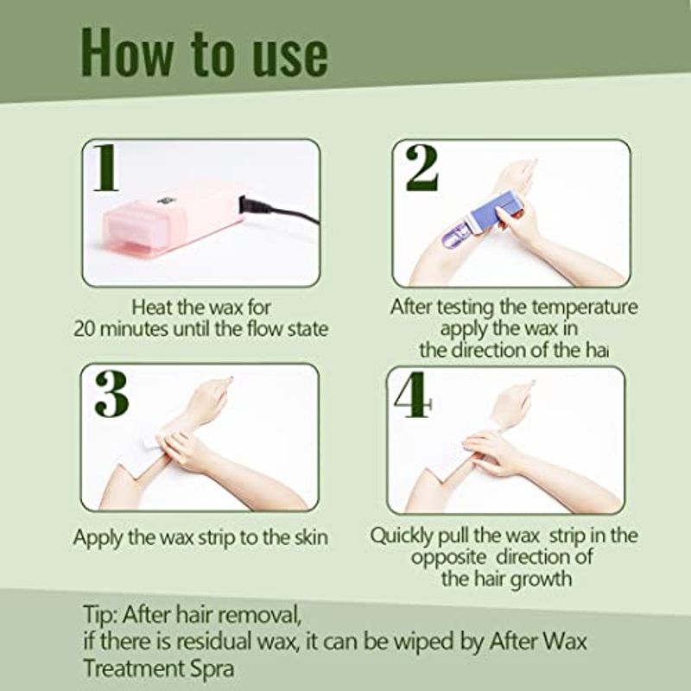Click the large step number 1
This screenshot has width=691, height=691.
tap(106, 168)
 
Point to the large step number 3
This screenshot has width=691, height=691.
tap(111, 394)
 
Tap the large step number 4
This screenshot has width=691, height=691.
tap(412, 396)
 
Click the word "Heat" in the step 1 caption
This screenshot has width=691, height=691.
tap(152, 307)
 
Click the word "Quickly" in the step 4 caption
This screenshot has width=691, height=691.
tap(402, 536)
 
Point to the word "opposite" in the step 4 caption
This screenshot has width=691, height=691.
tap(448, 558)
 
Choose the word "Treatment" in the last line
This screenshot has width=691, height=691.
tap(134, 668)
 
